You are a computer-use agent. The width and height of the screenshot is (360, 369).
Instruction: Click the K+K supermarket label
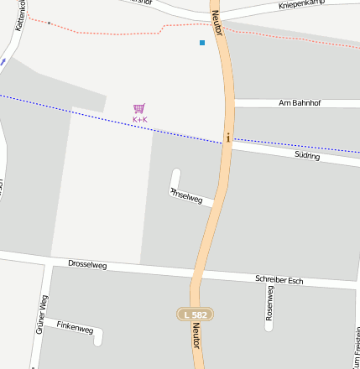pyautogui.click(x=139, y=120)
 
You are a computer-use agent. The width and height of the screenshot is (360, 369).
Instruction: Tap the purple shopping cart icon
pyautogui.click(x=139, y=108)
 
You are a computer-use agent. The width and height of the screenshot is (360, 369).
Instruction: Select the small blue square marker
pyautogui.click(x=202, y=43)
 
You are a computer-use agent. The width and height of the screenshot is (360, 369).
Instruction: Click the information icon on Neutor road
pyautogui.click(x=227, y=137)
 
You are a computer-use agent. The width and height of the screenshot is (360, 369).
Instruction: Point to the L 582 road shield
pyautogui.click(x=196, y=314)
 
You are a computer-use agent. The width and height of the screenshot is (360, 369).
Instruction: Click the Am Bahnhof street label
pyautogui.click(x=300, y=103)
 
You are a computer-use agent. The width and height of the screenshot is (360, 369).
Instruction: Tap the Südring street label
pyautogui.click(x=307, y=156)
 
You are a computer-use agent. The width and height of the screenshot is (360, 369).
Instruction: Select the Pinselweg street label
pyautogui.click(x=186, y=196)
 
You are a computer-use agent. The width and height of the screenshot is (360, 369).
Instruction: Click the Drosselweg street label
pyautogui.click(x=87, y=265)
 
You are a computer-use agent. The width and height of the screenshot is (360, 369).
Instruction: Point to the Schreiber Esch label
pyautogui.click(x=279, y=279)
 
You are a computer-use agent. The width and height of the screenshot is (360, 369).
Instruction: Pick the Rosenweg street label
pyautogui.click(x=269, y=303)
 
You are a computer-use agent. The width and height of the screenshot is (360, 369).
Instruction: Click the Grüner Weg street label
pyautogui.click(x=41, y=315)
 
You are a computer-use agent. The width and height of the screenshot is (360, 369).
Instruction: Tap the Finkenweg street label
pyautogui.click(x=75, y=328)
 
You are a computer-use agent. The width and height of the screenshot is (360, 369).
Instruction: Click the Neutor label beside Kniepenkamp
pyautogui.click(x=217, y=18)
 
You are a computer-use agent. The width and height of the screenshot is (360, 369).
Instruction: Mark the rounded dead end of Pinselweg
pyautogui.click(x=175, y=174)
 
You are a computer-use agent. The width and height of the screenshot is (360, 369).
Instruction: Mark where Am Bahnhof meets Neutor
pyautogui.click(x=232, y=103)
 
